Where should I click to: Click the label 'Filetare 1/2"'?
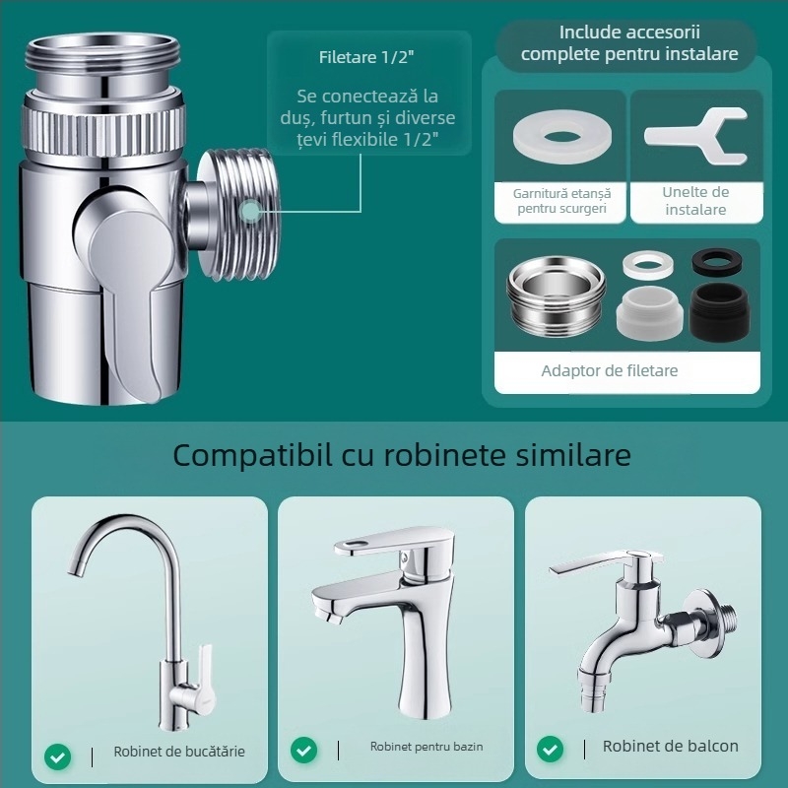[364, 57]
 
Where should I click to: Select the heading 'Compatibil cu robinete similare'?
[402, 455]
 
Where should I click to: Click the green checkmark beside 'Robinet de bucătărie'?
[58, 755]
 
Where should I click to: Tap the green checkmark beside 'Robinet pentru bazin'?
[304, 750]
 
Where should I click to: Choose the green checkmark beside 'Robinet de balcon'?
[551, 750]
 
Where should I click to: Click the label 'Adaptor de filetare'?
[610, 371]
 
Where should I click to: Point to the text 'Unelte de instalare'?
[695, 201]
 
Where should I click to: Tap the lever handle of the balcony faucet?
[580, 567]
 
